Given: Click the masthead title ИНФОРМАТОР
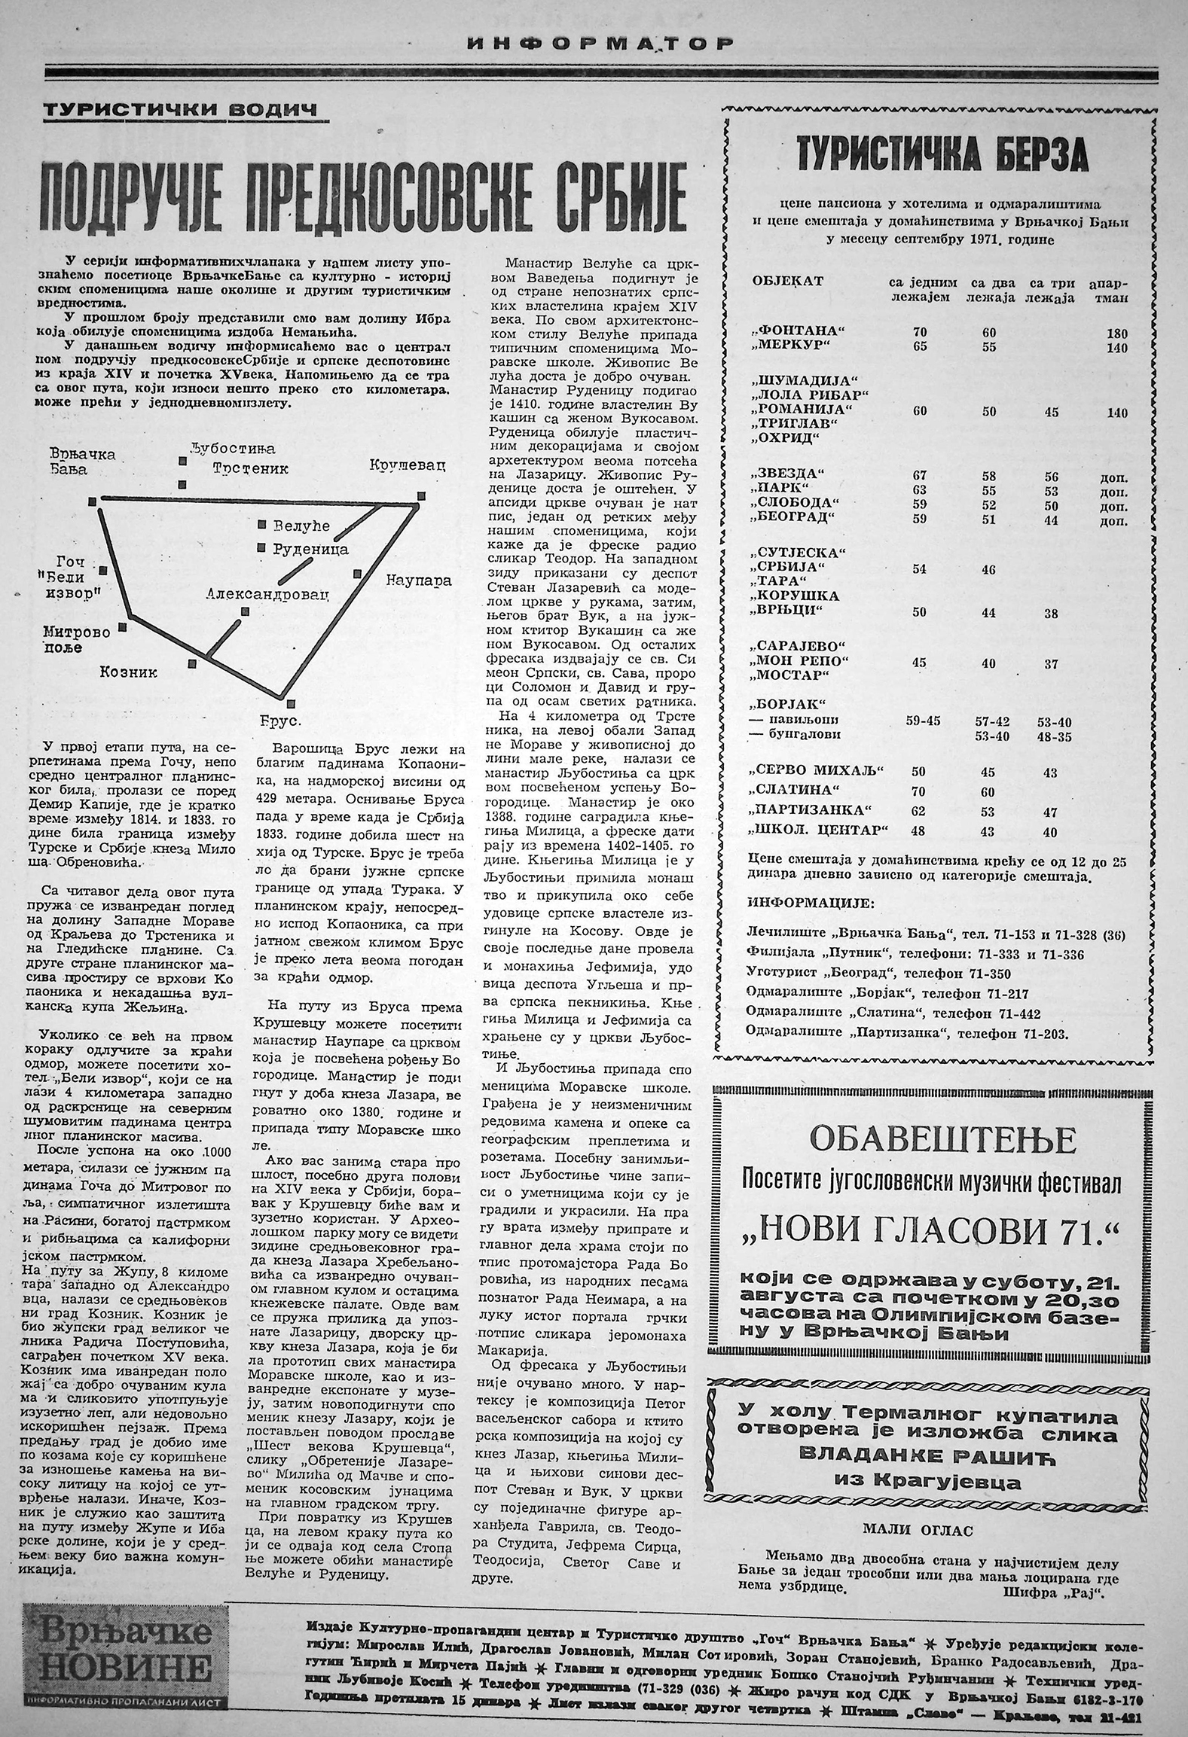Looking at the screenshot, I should coord(599,43).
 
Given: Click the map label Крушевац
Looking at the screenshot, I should coord(408,465).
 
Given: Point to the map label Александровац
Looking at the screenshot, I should coord(268,594).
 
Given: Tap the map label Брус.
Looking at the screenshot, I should coord(280,721).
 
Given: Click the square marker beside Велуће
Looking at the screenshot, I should coord(261,524).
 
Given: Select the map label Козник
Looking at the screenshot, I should coord(129,672).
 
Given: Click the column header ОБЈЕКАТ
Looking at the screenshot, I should coord(787,282).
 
